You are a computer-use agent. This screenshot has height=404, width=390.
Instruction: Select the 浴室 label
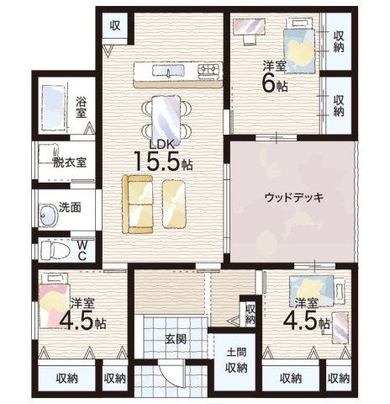82,106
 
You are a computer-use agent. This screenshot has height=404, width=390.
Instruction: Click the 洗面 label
70,207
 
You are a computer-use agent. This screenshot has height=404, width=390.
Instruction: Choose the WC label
84,250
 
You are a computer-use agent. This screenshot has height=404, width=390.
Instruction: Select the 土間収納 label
236,359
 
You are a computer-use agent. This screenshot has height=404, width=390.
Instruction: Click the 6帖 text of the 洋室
271,82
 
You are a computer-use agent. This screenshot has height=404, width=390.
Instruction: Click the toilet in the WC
54,250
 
